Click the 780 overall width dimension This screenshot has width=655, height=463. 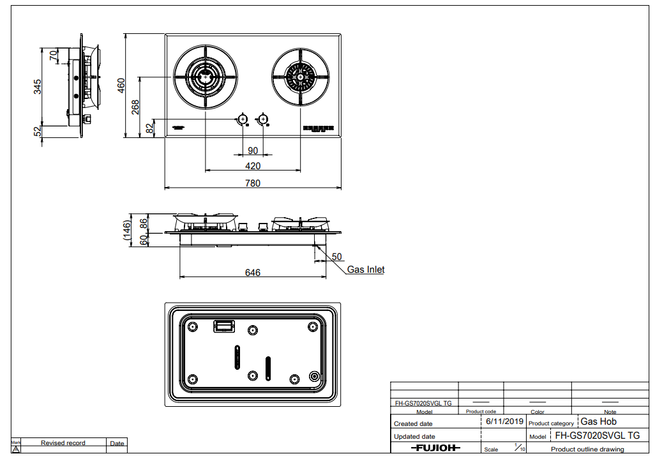[x=253, y=183]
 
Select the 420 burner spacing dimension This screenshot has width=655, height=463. [x=253, y=166]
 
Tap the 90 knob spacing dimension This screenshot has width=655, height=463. [x=253, y=150]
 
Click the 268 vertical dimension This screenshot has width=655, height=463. [x=135, y=107]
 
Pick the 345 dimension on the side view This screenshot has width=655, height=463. [x=38, y=86]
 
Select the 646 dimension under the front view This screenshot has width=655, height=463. [x=253, y=273]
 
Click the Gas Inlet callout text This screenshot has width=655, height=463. [x=366, y=269]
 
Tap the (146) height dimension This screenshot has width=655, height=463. [x=128, y=230]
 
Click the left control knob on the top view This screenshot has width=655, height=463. [x=243, y=119]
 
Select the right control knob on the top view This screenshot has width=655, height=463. [x=262, y=119]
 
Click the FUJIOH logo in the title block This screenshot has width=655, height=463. [x=435, y=448]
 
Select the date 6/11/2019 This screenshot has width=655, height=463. [x=504, y=421]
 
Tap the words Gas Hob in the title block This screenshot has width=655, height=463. [x=598, y=421]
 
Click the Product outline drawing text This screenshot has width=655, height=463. [x=587, y=450]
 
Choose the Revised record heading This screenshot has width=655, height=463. [x=63, y=443]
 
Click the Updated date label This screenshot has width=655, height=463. [x=414, y=437]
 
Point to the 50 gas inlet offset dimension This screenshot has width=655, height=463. [x=336, y=256]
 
